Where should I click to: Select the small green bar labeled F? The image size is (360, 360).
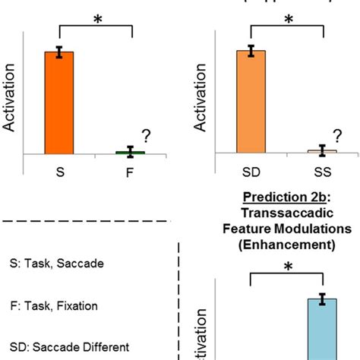coord(130,153)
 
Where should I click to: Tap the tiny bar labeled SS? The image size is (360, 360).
coord(322,152)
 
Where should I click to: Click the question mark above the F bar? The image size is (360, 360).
coord(146,135)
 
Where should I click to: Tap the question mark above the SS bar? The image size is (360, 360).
coord(338,135)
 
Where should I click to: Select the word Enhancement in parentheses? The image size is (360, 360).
coord(286,245)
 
